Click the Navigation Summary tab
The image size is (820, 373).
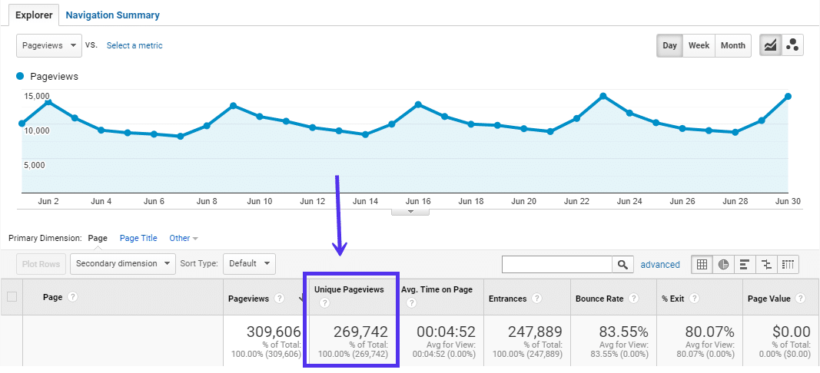(112, 15)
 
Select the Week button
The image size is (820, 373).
(699, 45)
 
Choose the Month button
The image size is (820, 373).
(732, 45)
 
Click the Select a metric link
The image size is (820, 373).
(134, 45)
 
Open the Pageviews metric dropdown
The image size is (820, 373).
(49, 45)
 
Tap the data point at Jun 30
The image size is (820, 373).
(788, 97)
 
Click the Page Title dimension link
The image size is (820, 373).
(138, 238)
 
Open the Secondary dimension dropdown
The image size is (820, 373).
(124, 264)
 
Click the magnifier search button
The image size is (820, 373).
(622, 265)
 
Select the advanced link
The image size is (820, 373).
(660, 265)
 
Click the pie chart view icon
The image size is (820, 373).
(723, 265)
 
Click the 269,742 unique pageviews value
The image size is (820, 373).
(360, 332)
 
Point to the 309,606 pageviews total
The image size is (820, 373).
(274, 332)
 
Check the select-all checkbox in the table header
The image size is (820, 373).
(12, 297)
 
